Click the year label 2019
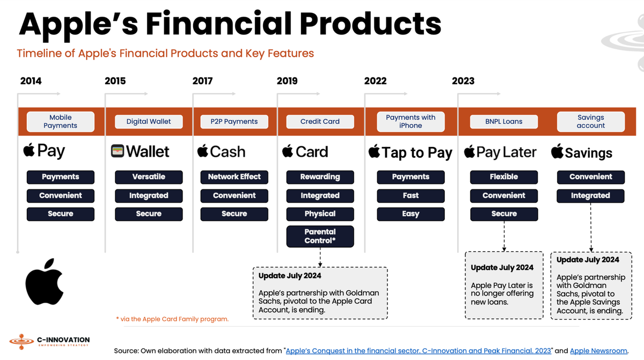click(287, 81)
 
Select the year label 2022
click(375, 81)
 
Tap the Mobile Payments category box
click(60, 122)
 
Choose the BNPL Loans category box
click(503, 122)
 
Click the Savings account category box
click(590, 122)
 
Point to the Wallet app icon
click(118, 151)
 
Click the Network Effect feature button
click(234, 177)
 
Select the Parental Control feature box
click(320, 237)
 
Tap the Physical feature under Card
click(320, 214)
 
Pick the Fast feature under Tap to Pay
click(411, 196)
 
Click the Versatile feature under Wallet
click(149, 177)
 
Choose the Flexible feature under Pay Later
click(503, 177)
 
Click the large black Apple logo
click(45, 282)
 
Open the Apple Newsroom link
click(598, 351)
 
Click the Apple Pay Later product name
click(500, 152)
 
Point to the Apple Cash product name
click(221, 152)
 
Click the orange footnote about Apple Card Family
click(172, 319)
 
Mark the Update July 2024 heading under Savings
click(588, 260)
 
